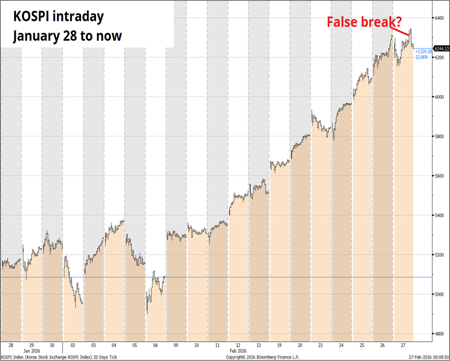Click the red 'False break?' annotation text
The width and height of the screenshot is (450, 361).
click(x=363, y=22)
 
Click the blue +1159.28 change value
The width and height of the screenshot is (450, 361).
click(x=424, y=52)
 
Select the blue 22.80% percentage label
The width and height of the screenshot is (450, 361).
click(x=421, y=57)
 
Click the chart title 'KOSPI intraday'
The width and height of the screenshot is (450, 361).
click(x=58, y=17)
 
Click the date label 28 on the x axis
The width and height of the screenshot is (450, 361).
click(x=11, y=345)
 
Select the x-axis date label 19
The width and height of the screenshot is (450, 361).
click(x=280, y=345)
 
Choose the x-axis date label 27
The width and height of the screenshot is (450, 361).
click(x=403, y=345)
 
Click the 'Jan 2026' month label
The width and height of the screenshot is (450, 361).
click(x=32, y=351)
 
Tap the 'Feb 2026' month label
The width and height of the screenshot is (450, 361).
click(x=238, y=351)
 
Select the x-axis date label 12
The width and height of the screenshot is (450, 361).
click(x=238, y=345)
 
